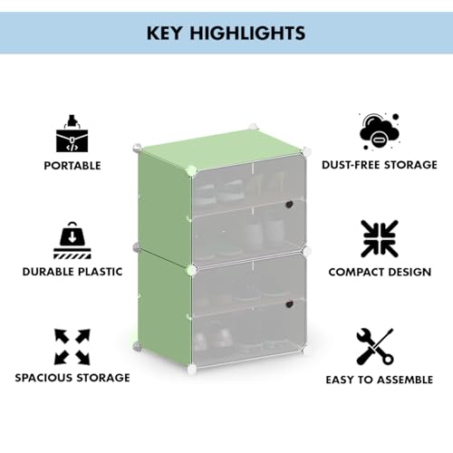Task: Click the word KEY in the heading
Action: [x=164, y=33]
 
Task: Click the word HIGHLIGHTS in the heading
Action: [x=247, y=33]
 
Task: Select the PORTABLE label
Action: [x=72, y=166]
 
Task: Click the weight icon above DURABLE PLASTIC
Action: [x=72, y=240]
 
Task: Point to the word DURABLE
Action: [x=48, y=272]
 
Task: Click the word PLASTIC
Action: [x=101, y=272]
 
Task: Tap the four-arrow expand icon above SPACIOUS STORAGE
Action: [x=72, y=347]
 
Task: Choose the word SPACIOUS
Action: [x=43, y=378]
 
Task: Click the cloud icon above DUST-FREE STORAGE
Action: [x=380, y=131]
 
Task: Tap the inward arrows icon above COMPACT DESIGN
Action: [x=380, y=238]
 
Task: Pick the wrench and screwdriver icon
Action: [x=375, y=347]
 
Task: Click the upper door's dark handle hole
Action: [x=289, y=204]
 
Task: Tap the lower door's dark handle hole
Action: [x=289, y=304]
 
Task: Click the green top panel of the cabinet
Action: [x=223, y=148]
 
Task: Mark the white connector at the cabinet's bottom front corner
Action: [x=191, y=368]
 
